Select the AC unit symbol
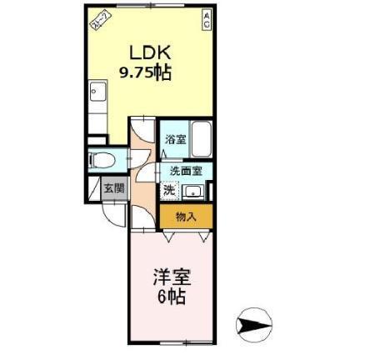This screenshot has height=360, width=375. point(206,19)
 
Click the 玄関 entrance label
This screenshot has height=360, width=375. point(113,189)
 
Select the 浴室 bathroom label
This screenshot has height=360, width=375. point(174,139)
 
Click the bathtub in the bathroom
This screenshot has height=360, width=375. point(202,139)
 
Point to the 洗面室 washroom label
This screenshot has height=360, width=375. point(187,170)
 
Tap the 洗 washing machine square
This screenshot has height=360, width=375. point(168,190)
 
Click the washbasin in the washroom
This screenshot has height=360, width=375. point(195,192)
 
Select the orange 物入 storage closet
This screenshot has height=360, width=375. point(186,217)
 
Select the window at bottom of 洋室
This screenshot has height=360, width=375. point(171,343)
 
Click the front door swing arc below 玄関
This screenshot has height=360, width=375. point(113,215)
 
